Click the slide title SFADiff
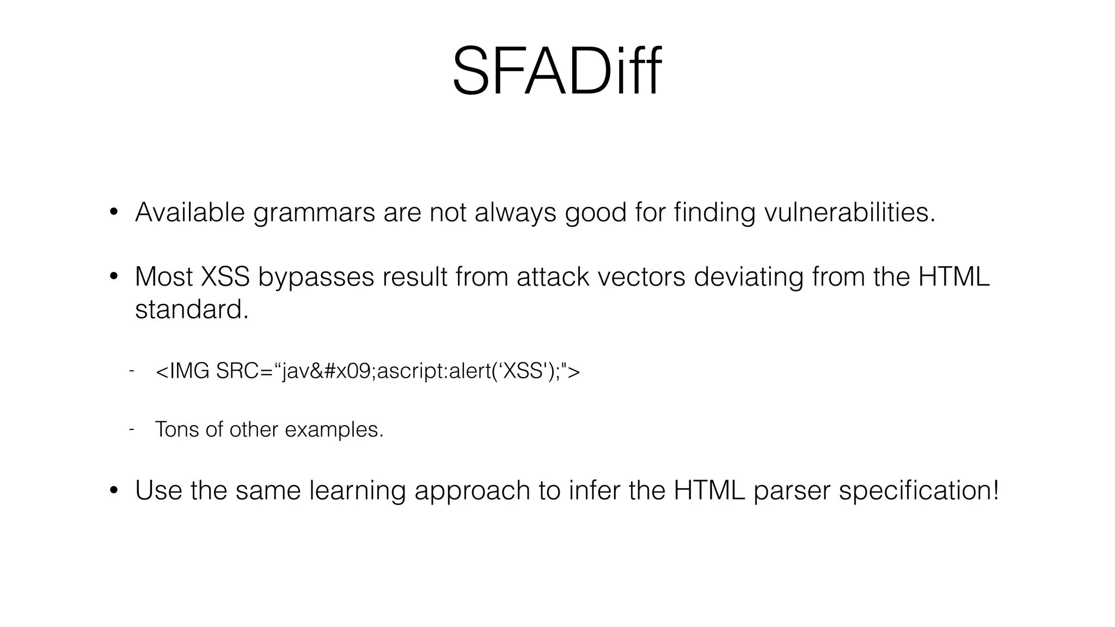click(x=556, y=72)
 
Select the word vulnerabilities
click(x=849, y=212)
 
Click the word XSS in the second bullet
click(x=225, y=276)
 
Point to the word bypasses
click(x=316, y=278)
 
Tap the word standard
click(x=191, y=310)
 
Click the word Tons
click(x=176, y=429)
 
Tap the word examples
click(x=334, y=430)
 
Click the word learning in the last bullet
click(x=357, y=491)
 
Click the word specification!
click(x=919, y=491)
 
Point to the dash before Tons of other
click(x=131, y=429)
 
